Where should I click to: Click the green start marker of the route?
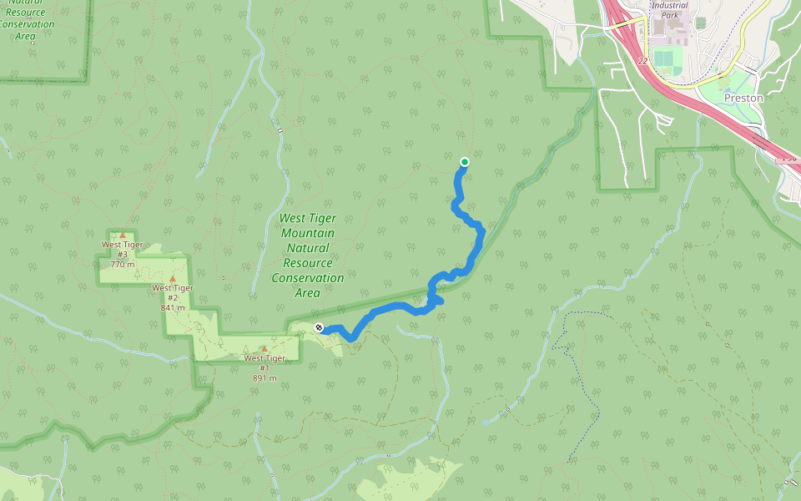click(x=465, y=162)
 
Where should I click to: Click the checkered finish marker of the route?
click(x=319, y=327)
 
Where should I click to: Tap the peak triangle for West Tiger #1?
click(x=264, y=349)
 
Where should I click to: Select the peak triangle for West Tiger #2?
click(x=173, y=278)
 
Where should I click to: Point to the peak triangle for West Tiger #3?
click(x=123, y=235)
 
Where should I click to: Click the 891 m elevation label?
click(x=264, y=377)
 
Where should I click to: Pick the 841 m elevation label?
click(x=172, y=307)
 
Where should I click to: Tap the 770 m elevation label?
click(x=122, y=264)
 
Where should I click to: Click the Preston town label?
click(x=743, y=98)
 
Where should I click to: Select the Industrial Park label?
click(x=669, y=10)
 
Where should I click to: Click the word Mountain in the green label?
click(x=307, y=233)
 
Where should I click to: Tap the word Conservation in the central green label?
click(x=307, y=278)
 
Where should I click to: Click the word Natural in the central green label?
click(x=307, y=248)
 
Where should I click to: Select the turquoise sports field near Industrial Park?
click(x=664, y=61)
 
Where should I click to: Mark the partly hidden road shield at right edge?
click(x=790, y=158)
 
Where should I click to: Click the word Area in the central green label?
click(x=307, y=293)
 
